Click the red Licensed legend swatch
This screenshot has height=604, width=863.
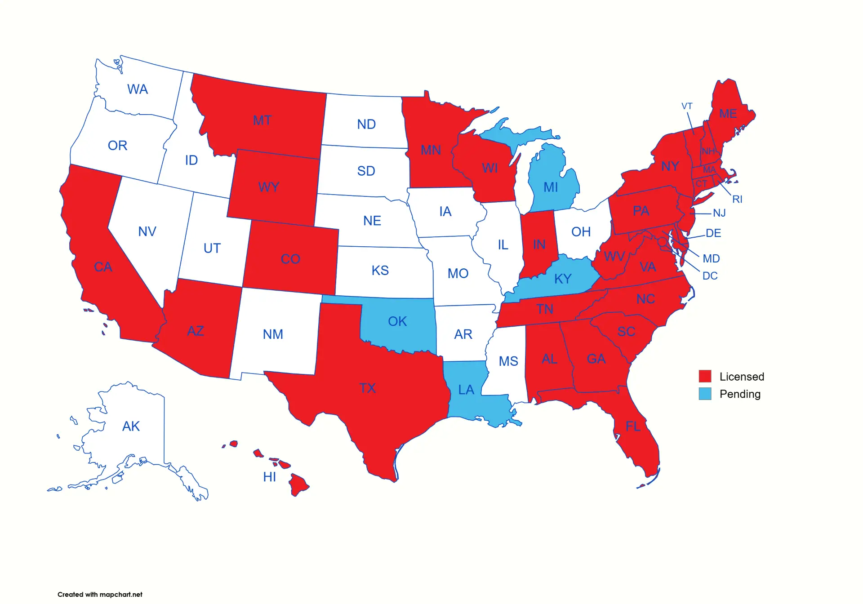click(x=705, y=376)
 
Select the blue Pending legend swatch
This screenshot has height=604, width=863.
click(x=705, y=394)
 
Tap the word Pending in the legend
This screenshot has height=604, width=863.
click(x=740, y=394)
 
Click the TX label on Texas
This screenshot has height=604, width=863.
click(x=367, y=388)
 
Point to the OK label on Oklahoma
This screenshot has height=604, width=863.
click(x=397, y=321)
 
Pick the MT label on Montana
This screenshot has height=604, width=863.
click(x=262, y=120)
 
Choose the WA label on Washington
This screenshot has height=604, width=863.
click(x=138, y=89)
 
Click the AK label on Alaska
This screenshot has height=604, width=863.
click(x=131, y=426)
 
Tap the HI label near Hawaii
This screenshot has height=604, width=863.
click(x=270, y=477)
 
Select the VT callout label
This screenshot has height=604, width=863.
click(x=687, y=106)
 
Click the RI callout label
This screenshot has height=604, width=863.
click(x=737, y=199)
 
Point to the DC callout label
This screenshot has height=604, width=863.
click(x=710, y=276)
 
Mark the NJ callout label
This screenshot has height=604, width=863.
click(x=719, y=213)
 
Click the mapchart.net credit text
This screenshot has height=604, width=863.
click(x=100, y=594)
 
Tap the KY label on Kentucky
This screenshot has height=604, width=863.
click(x=563, y=279)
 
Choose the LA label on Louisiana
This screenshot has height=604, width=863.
click(x=466, y=390)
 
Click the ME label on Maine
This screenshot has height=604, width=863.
click(x=728, y=114)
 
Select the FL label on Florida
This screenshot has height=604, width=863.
click(x=633, y=426)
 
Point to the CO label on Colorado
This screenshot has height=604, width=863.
click(x=290, y=259)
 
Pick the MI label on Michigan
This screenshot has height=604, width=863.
click(x=551, y=187)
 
